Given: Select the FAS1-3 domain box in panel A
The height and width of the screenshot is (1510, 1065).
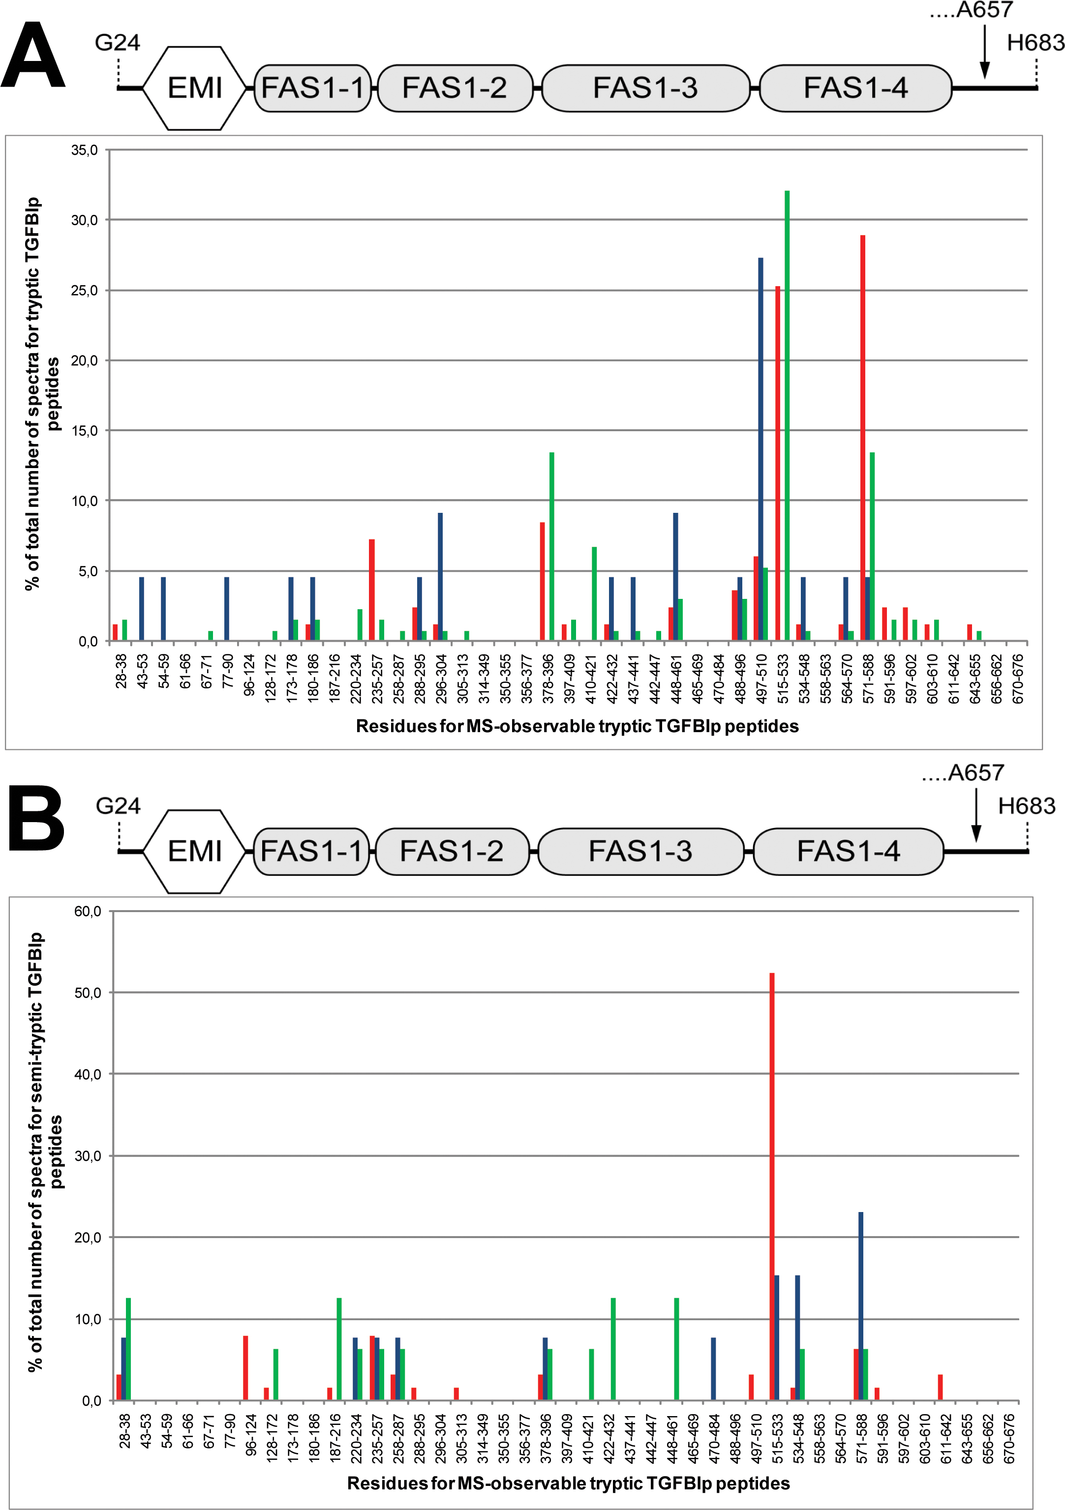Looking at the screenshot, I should click(x=645, y=88).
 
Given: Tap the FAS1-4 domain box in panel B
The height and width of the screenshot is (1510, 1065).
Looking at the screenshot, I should click(x=848, y=851).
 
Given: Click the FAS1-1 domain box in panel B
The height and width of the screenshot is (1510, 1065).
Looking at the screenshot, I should click(x=311, y=851).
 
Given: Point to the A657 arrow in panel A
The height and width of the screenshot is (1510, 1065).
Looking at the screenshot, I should click(x=984, y=53).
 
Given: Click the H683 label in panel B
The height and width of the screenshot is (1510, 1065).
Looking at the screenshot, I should click(x=1026, y=805).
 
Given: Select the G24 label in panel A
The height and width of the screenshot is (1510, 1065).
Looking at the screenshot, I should click(x=117, y=43).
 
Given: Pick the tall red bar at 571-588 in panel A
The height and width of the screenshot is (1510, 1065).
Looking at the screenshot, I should click(x=862, y=437).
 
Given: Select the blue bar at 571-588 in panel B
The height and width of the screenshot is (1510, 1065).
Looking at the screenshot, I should click(x=860, y=1305).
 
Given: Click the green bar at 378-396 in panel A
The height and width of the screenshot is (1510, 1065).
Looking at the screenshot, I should click(x=551, y=546).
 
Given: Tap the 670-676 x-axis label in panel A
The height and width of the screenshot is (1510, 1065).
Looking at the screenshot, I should click(x=1018, y=679).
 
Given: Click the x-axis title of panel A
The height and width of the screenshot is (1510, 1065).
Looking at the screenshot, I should click(x=577, y=726).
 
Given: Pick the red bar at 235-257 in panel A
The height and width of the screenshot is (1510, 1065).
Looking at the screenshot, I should click(x=372, y=590).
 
